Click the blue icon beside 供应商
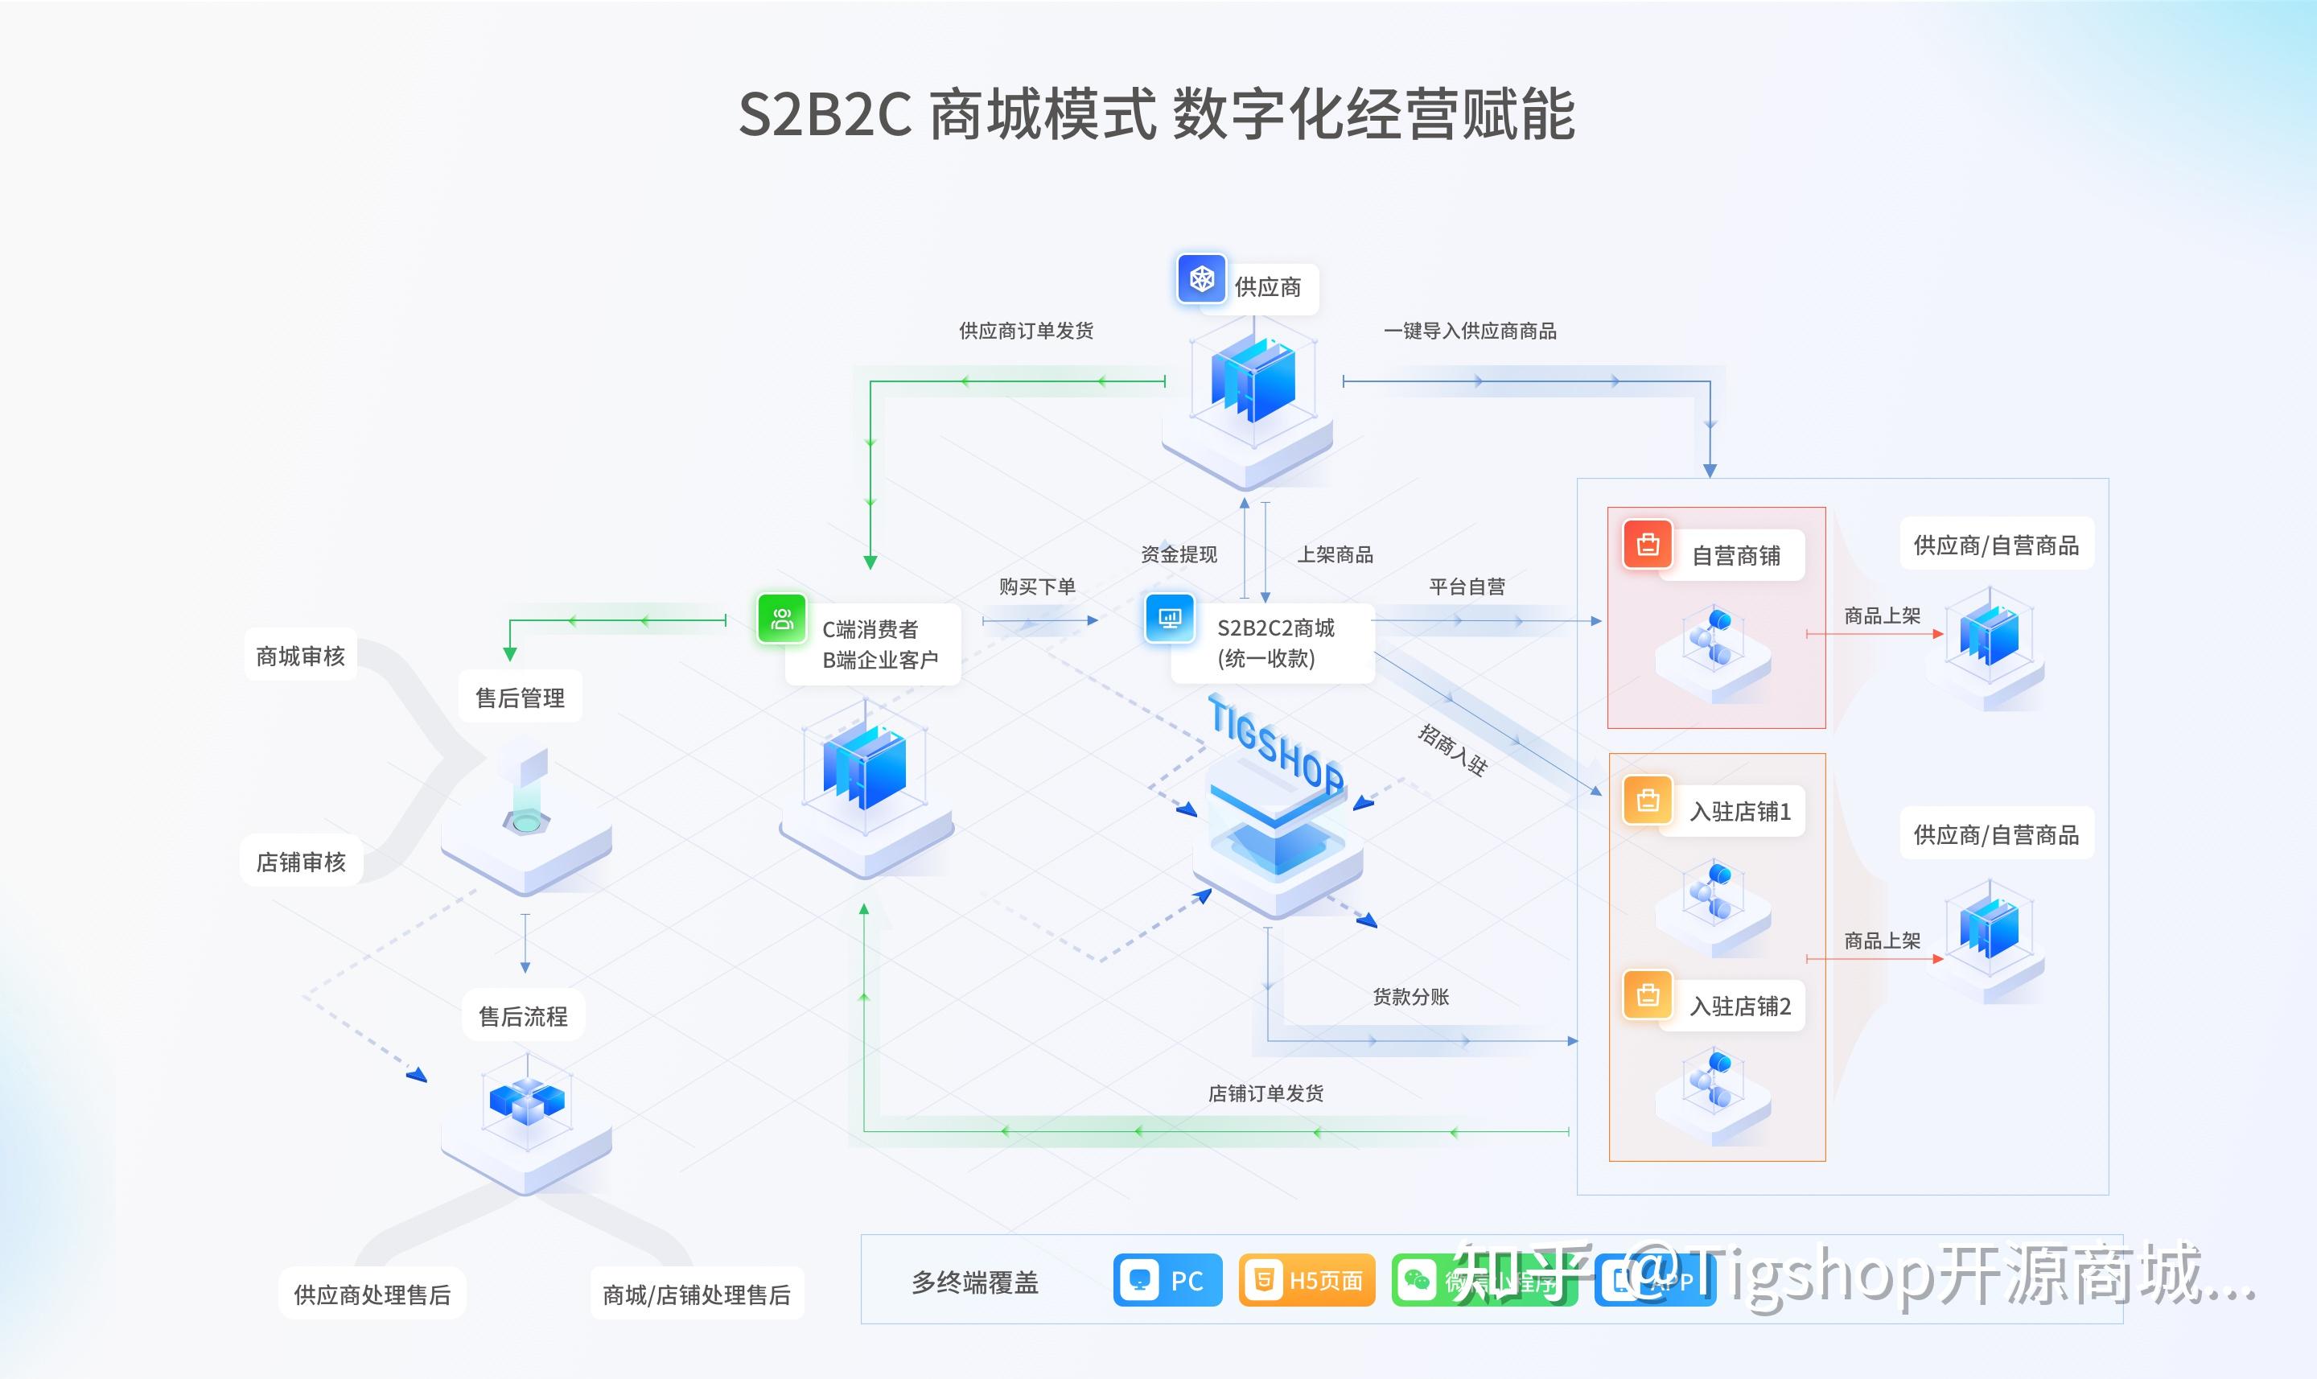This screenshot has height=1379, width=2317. (1201, 278)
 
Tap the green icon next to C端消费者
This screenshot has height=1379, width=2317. (781, 619)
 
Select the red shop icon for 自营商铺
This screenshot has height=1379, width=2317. (1647, 545)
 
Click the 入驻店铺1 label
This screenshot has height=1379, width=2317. (1740, 811)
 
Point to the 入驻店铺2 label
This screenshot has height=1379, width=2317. (1740, 1006)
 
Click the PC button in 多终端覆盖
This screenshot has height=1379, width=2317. (1167, 1281)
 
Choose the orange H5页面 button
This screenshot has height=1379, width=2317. (1307, 1281)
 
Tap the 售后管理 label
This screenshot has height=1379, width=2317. (521, 698)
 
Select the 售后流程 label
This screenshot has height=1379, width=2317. (523, 1017)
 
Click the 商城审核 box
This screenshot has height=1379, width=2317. (300, 656)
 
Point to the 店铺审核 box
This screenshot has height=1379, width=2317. (301, 862)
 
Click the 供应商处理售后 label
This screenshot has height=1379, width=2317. (372, 1295)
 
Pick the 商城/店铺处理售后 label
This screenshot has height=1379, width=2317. (697, 1295)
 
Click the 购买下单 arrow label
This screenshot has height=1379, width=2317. (1037, 587)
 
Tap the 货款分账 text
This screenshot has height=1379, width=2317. (1410, 997)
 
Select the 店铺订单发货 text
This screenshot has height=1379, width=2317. (1266, 1093)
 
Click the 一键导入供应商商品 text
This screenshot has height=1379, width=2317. (1470, 331)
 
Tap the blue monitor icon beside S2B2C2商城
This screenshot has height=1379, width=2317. (1170, 618)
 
